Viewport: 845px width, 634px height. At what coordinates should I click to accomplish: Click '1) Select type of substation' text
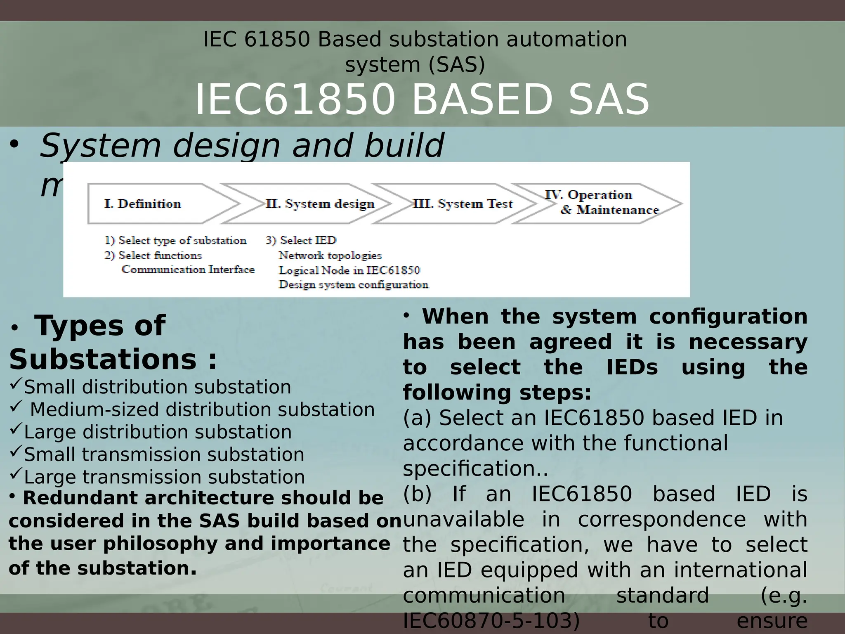pos(175,241)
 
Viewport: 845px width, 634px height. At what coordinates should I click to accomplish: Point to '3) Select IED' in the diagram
pos(301,241)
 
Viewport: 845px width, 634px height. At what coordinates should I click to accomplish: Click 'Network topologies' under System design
pos(330,256)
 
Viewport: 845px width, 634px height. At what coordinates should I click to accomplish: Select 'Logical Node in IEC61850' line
pos(349,270)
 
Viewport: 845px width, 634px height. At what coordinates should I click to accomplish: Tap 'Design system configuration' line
pos(354,285)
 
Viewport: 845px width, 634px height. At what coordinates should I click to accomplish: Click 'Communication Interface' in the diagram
pos(188,270)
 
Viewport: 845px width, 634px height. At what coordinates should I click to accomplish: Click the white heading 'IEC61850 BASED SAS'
pos(422,99)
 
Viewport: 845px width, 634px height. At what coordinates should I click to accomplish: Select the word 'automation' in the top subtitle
pos(566,40)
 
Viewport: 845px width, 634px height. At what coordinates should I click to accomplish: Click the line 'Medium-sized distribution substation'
pos(202,410)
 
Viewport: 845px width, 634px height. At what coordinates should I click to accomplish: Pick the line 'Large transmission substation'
pos(164,477)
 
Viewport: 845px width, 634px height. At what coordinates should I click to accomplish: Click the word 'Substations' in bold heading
pos(102,359)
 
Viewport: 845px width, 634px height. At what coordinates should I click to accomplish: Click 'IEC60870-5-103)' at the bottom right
pos(491,622)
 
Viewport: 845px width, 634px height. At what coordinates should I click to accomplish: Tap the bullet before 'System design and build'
pos(14,144)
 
